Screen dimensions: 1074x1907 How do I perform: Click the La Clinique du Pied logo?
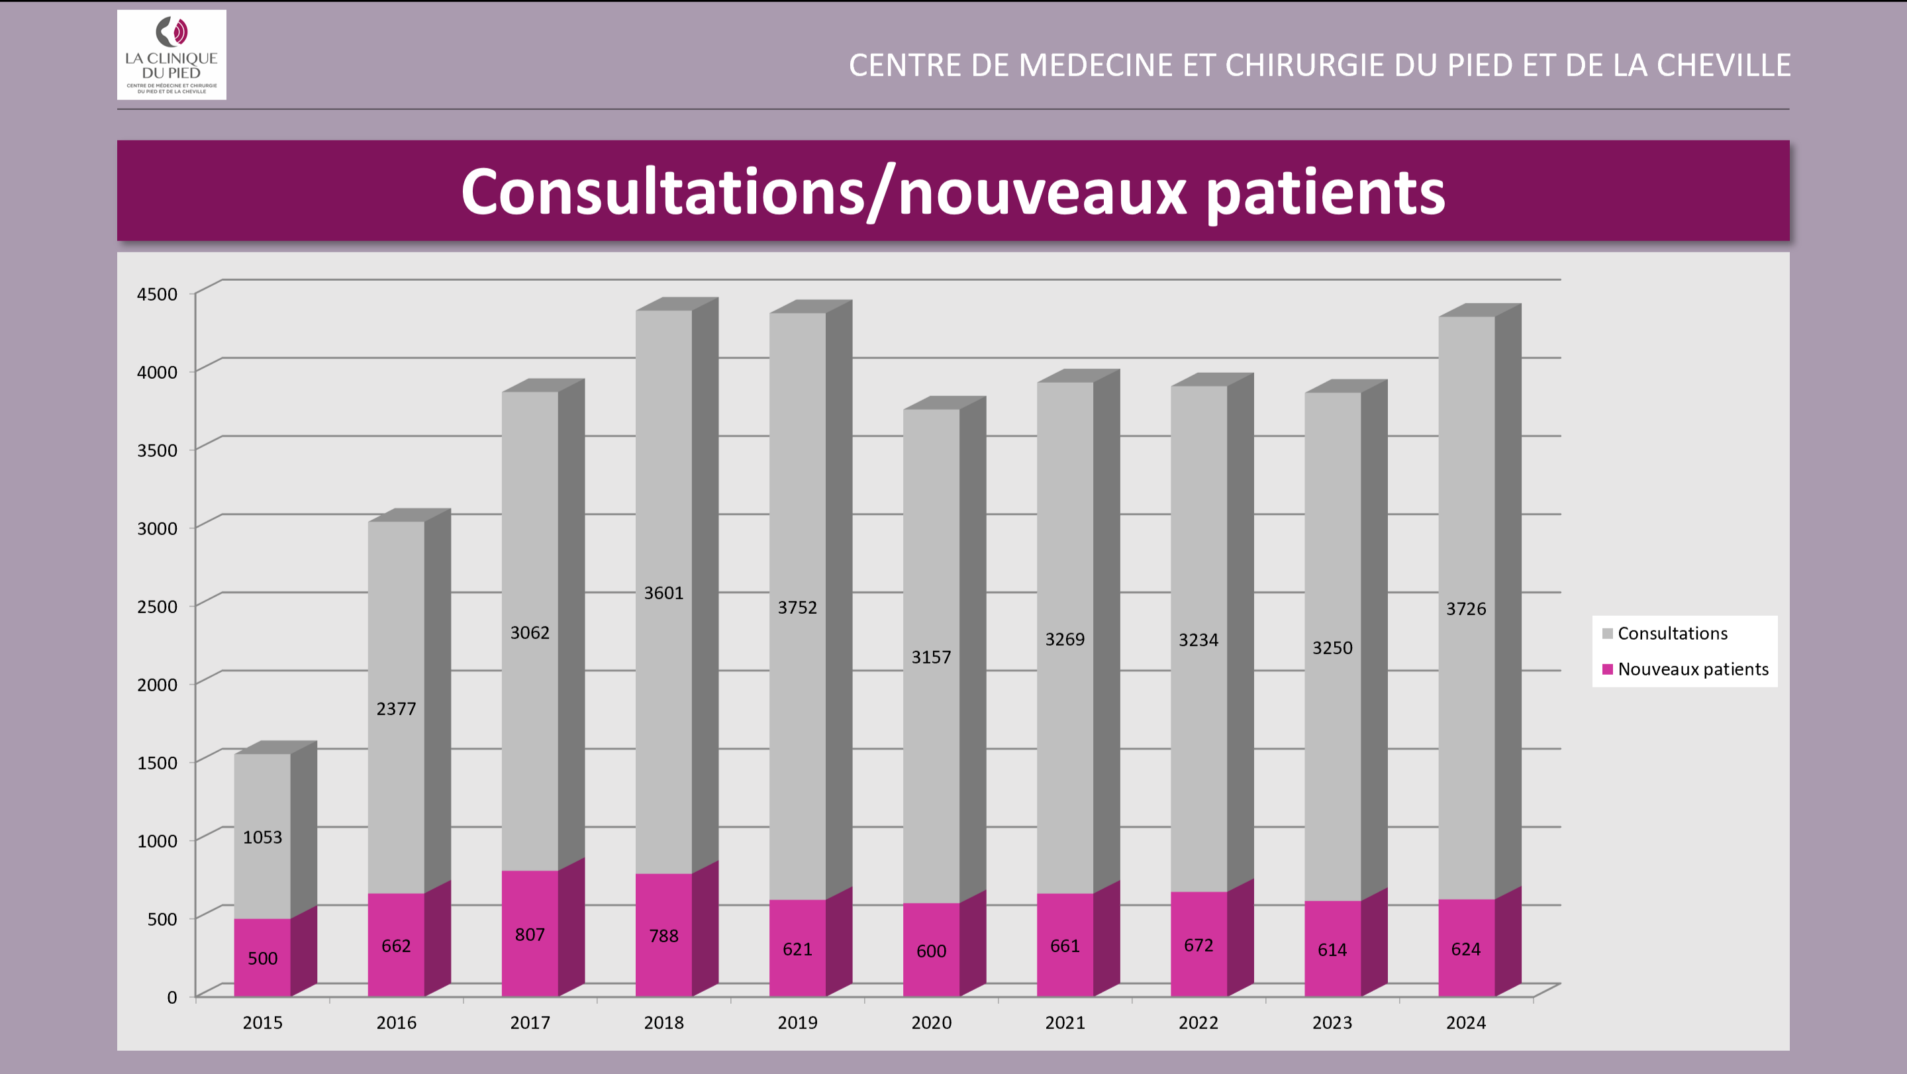point(171,55)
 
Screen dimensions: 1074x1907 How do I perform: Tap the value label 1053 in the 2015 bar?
point(262,837)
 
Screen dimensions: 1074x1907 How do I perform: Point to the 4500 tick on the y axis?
point(157,294)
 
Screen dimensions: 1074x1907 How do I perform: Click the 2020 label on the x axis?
point(930,1022)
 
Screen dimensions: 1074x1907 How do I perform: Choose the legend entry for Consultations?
point(1671,634)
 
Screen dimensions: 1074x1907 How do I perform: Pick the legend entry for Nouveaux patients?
point(1692,669)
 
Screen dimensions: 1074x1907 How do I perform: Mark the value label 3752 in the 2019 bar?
point(797,608)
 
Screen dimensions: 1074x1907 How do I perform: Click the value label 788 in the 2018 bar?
point(663,936)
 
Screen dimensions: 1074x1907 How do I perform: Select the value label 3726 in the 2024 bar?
point(1465,609)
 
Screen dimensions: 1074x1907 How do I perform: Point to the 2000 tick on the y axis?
point(157,685)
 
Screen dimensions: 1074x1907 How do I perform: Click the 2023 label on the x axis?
point(1332,1022)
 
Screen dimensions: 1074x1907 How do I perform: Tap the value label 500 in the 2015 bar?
point(262,959)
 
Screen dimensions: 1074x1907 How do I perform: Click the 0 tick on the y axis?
point(171,997)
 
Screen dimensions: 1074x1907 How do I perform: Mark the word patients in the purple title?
point(1325,193)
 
